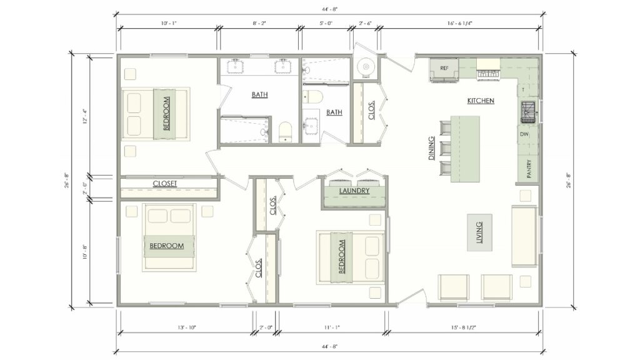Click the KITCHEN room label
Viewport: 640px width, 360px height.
click(481, 101)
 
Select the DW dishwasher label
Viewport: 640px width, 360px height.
click(524, 134)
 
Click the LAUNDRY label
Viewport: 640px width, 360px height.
click(354, 191)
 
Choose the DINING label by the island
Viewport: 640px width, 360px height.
click(431, 149)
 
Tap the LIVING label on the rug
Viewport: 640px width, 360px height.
click(479, 232)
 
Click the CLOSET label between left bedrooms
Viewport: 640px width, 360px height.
click(165, 184)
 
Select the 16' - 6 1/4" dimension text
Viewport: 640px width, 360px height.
click(460, 23)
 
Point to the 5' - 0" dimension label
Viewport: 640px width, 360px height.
click(325, 23)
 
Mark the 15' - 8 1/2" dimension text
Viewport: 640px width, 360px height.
click(464, 326)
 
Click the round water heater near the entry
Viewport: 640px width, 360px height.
click(364, 66)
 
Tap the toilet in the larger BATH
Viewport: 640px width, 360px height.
click(285, 131)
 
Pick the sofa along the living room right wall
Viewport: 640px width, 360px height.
click(524, 234)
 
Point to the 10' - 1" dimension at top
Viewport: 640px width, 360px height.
click(168, 23)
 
